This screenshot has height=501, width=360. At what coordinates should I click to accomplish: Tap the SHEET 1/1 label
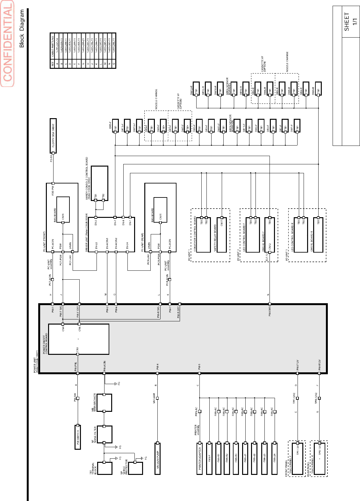coord(350,22)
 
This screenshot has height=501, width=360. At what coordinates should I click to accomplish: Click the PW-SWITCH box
coord(78,437)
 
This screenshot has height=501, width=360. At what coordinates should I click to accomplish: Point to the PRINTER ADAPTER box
coord(200,458)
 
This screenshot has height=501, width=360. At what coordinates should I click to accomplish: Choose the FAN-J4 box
coord(275,458)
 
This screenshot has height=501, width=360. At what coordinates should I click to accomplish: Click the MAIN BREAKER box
coord(104,403)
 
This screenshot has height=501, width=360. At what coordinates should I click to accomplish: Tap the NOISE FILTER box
coord(104,434)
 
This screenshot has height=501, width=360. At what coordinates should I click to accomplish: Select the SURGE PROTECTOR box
coord(135,468)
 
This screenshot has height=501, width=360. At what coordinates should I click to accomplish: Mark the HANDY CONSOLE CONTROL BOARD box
coord(100,183)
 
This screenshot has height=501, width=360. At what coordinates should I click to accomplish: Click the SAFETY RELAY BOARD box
coord(222,235)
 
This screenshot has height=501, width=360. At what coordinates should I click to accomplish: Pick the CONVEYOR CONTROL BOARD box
coord(204,235)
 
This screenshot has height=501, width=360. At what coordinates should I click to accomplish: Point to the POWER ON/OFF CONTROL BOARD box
coord(78,339)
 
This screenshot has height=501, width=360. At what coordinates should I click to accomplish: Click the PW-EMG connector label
coord(270,310)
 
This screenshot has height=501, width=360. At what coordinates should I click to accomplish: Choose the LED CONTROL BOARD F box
coord(253,235)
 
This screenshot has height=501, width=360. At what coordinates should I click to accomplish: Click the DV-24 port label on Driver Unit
coord(127,246)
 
